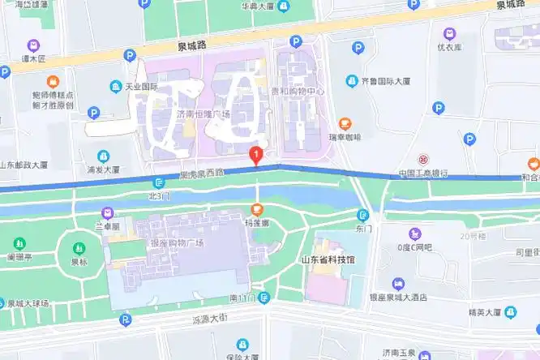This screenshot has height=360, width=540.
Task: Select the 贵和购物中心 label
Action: click(x=298, y=92)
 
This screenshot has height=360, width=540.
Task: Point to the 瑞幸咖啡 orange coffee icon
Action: click(x=345, y=123)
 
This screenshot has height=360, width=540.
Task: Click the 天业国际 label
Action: click(x=140, y=86)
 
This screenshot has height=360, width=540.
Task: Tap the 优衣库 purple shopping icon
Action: click(x=449, y=34)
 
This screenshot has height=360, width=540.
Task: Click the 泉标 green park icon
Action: click(x=78, y=249)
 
